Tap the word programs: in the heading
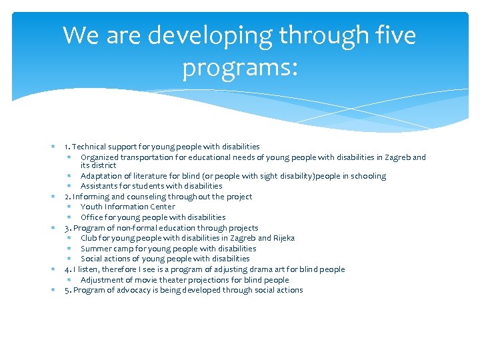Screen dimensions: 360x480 point(240,67)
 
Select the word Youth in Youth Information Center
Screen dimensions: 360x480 point(91,207)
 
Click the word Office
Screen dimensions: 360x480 point(92,217)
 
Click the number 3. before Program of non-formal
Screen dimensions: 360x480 point(68,228)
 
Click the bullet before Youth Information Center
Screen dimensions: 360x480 point(69,207)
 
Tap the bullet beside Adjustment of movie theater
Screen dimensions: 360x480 point(69,280)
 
